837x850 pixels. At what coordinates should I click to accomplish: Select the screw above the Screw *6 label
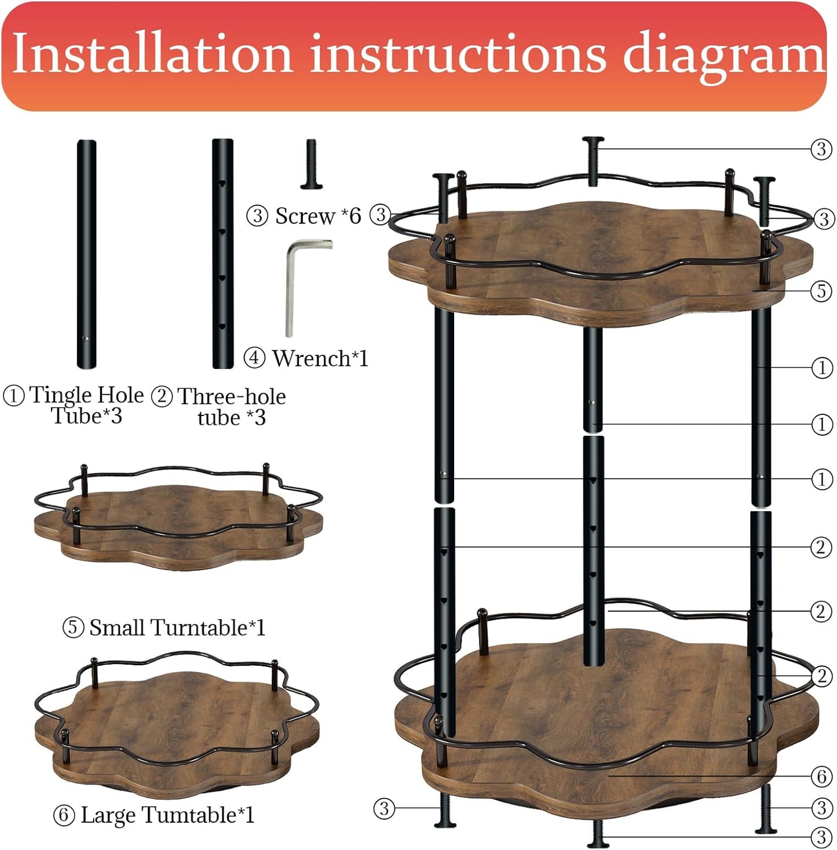point(311,165)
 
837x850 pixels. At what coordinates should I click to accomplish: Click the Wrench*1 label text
point(320,359)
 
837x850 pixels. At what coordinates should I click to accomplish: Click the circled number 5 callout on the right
point(821,290)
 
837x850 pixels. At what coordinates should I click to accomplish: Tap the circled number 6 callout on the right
point(821,776)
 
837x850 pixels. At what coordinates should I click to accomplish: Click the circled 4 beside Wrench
point(254,358)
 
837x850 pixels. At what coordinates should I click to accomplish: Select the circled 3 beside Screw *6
point(257,216)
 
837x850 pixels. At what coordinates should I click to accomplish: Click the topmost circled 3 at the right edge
point(821,149)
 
